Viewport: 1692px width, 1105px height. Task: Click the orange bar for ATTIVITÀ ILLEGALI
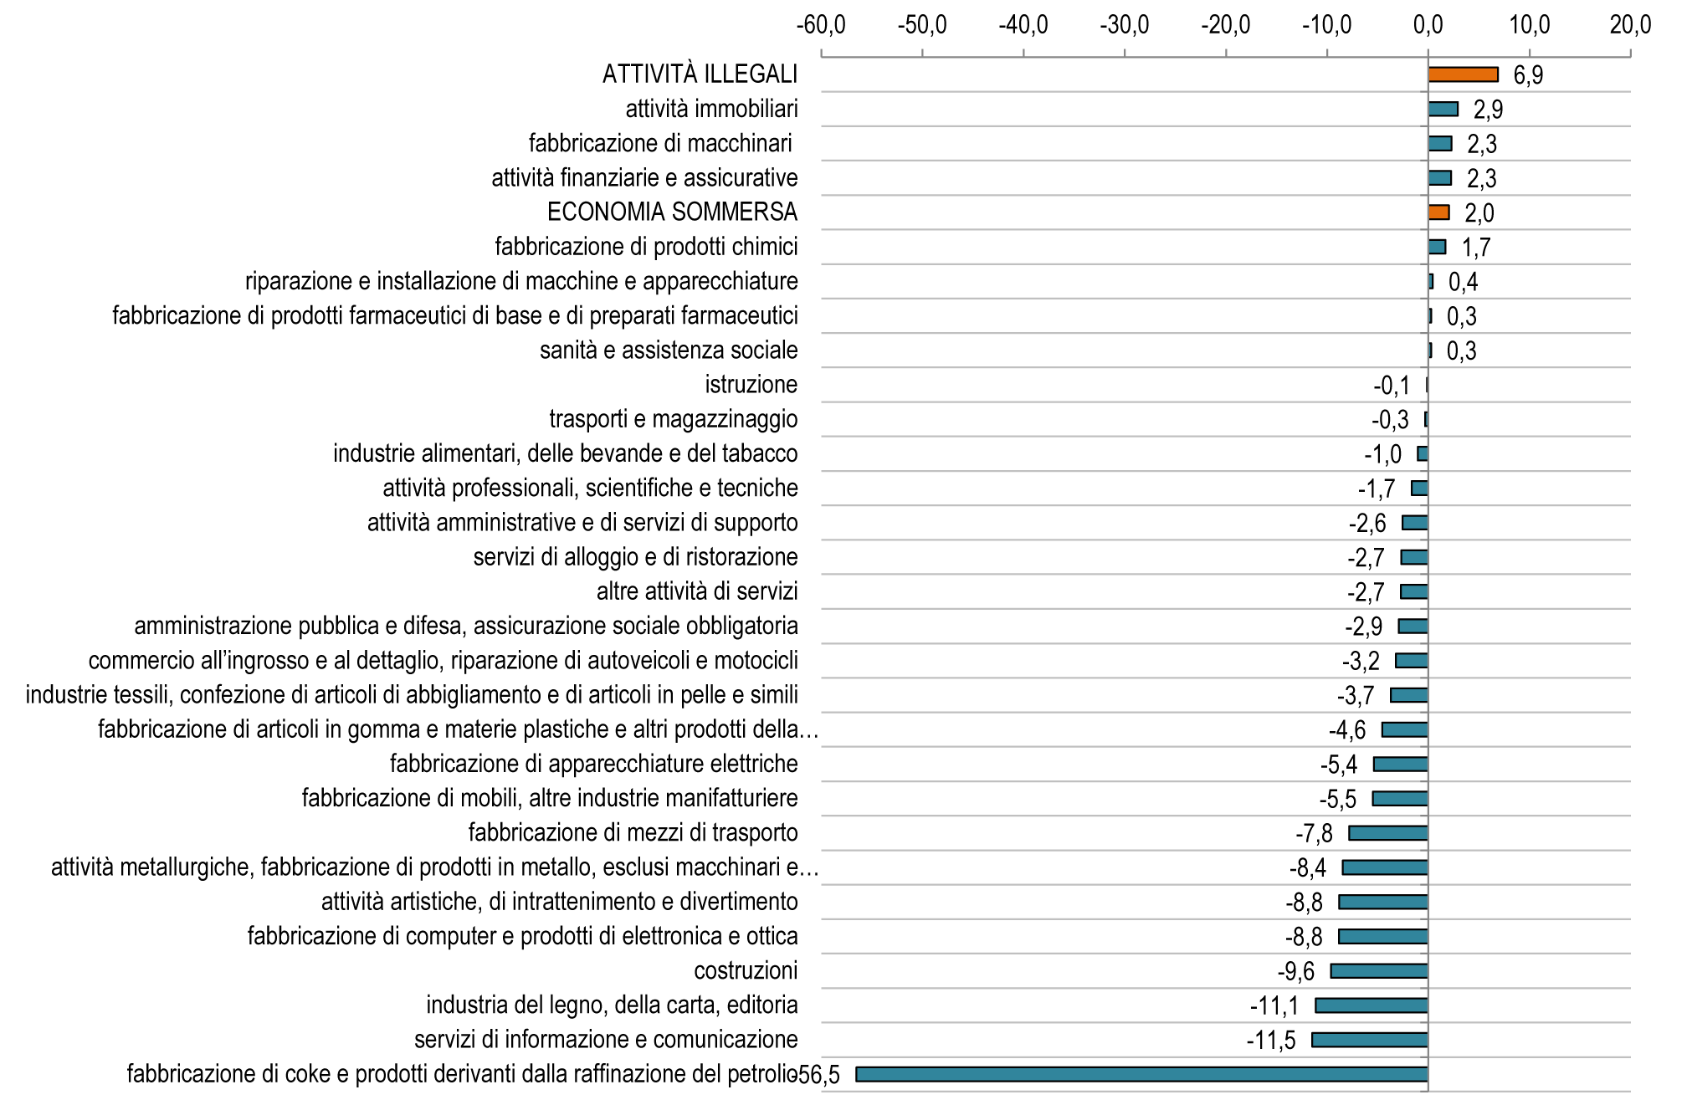(x=1463, y=74)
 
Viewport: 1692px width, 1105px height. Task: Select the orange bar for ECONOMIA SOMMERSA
(x=1438, y=212)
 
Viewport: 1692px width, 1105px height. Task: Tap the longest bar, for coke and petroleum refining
(x=1142, y=1074)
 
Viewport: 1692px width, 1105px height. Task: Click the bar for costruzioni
(x=1379, y=970)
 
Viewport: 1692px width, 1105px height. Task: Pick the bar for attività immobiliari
(x=1443, y=109)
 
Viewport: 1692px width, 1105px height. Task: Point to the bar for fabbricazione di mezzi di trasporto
(x=1388, y=833)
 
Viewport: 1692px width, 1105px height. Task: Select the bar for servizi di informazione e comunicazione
(x=1370, y=1040)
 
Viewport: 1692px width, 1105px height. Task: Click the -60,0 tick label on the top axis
(x=821, y=25)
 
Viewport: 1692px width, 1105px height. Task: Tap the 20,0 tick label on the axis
(x=1630, y=25)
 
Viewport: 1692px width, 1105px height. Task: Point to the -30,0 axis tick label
(x=1125, y=25)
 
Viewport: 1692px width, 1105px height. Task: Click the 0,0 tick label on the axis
(x=1428, y=25)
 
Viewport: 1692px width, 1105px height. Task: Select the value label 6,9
(x=1528, y=75)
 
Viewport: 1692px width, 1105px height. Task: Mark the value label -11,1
(x=1274, y=1006)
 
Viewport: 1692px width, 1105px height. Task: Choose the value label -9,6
(x=1296, y=971)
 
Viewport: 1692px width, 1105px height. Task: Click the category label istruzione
(x=751, y=385)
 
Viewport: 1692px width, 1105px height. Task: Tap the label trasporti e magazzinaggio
(x=674, y=419)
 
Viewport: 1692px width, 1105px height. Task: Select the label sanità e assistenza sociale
(x=669, y=350)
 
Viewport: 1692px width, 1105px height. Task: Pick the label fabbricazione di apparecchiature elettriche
(x=594, y=764)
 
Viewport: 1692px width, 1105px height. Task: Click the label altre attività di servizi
(x=697, y=591)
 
